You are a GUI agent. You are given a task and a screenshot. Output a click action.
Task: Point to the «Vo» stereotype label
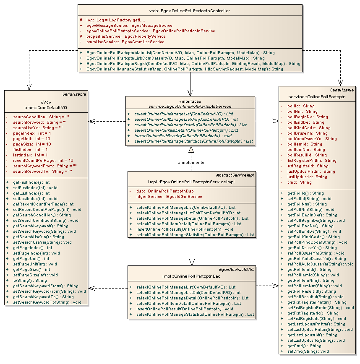pos(46,101)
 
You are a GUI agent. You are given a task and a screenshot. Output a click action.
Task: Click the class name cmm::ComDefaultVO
pos(46,107)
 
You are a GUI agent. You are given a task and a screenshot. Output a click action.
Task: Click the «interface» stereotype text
pos(190,101)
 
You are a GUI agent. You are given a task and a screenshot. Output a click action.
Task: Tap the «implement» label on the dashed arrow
pos(191,162)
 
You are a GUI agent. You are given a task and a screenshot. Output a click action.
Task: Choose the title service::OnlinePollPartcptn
pos(317,96)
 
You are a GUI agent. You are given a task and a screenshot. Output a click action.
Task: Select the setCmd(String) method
pos(308,351)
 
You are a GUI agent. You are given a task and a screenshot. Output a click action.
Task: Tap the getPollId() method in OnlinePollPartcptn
pos(306,193)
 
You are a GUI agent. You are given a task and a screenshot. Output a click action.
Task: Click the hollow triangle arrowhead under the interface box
pos(191,150)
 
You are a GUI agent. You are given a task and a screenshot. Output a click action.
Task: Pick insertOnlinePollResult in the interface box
pos(183,136)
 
